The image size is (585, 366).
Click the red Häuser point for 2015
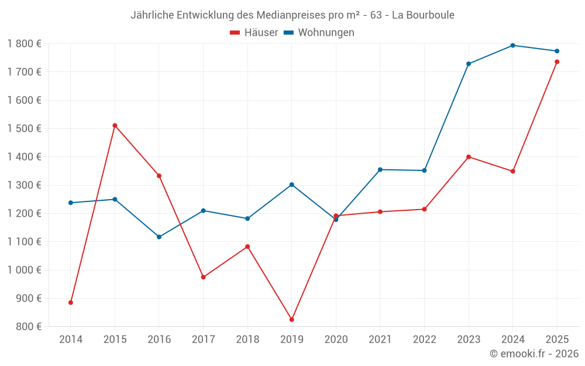(x=115, y=125)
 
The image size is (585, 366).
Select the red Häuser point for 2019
(x=292, y=320)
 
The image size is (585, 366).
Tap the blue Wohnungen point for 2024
(x=513, y=45)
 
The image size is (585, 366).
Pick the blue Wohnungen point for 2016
(x=159, y=237)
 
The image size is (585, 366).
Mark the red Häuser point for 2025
(x=557, y=62)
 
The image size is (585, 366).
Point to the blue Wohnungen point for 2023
(x=469, y=64)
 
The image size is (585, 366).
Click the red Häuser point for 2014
(x=71, y=303)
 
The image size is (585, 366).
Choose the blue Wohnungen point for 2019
(x=292, y=185)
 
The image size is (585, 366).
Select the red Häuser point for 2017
(x=204, y=277)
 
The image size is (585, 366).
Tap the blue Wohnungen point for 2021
(x=380, y=170)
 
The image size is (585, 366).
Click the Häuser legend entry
(x=254, y=33)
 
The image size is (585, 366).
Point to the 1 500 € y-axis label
(x=24, y=129)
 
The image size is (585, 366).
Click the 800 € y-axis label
(x=28, y=327)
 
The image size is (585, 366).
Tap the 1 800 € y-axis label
(x=24, y=44)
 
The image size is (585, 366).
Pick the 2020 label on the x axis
(x=336, y=340)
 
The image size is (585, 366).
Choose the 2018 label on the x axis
(x=247, y=340)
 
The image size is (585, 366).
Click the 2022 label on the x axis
(x=424, y=340)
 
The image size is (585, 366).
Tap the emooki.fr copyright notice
(x=534, y=354)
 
